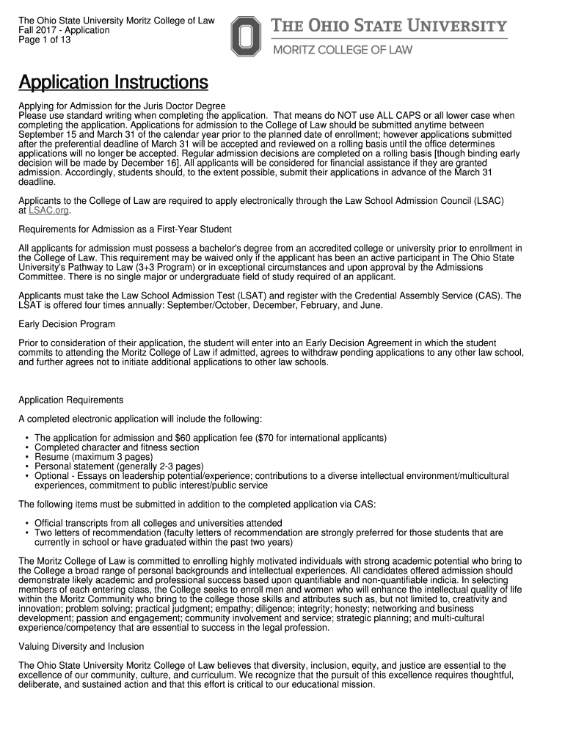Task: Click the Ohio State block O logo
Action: pos(246,37)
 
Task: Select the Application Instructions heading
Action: pos(113,82)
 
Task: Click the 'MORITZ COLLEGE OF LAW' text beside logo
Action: pos(343,50)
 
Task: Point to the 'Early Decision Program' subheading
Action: pos(66,324)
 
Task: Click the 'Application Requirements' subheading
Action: pos(70,400)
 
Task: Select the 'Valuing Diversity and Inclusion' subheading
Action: pos(81,646)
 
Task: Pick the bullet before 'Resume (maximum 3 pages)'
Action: pos(26,457)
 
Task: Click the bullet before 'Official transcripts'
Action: pos(26,523)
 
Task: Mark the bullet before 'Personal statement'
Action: pos(26,466)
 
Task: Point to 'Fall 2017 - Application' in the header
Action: pos(64,31)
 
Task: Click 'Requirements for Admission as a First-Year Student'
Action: pos(125,230)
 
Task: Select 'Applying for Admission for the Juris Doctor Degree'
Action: pos(122,106)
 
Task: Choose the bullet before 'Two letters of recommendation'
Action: pos(26,532)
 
